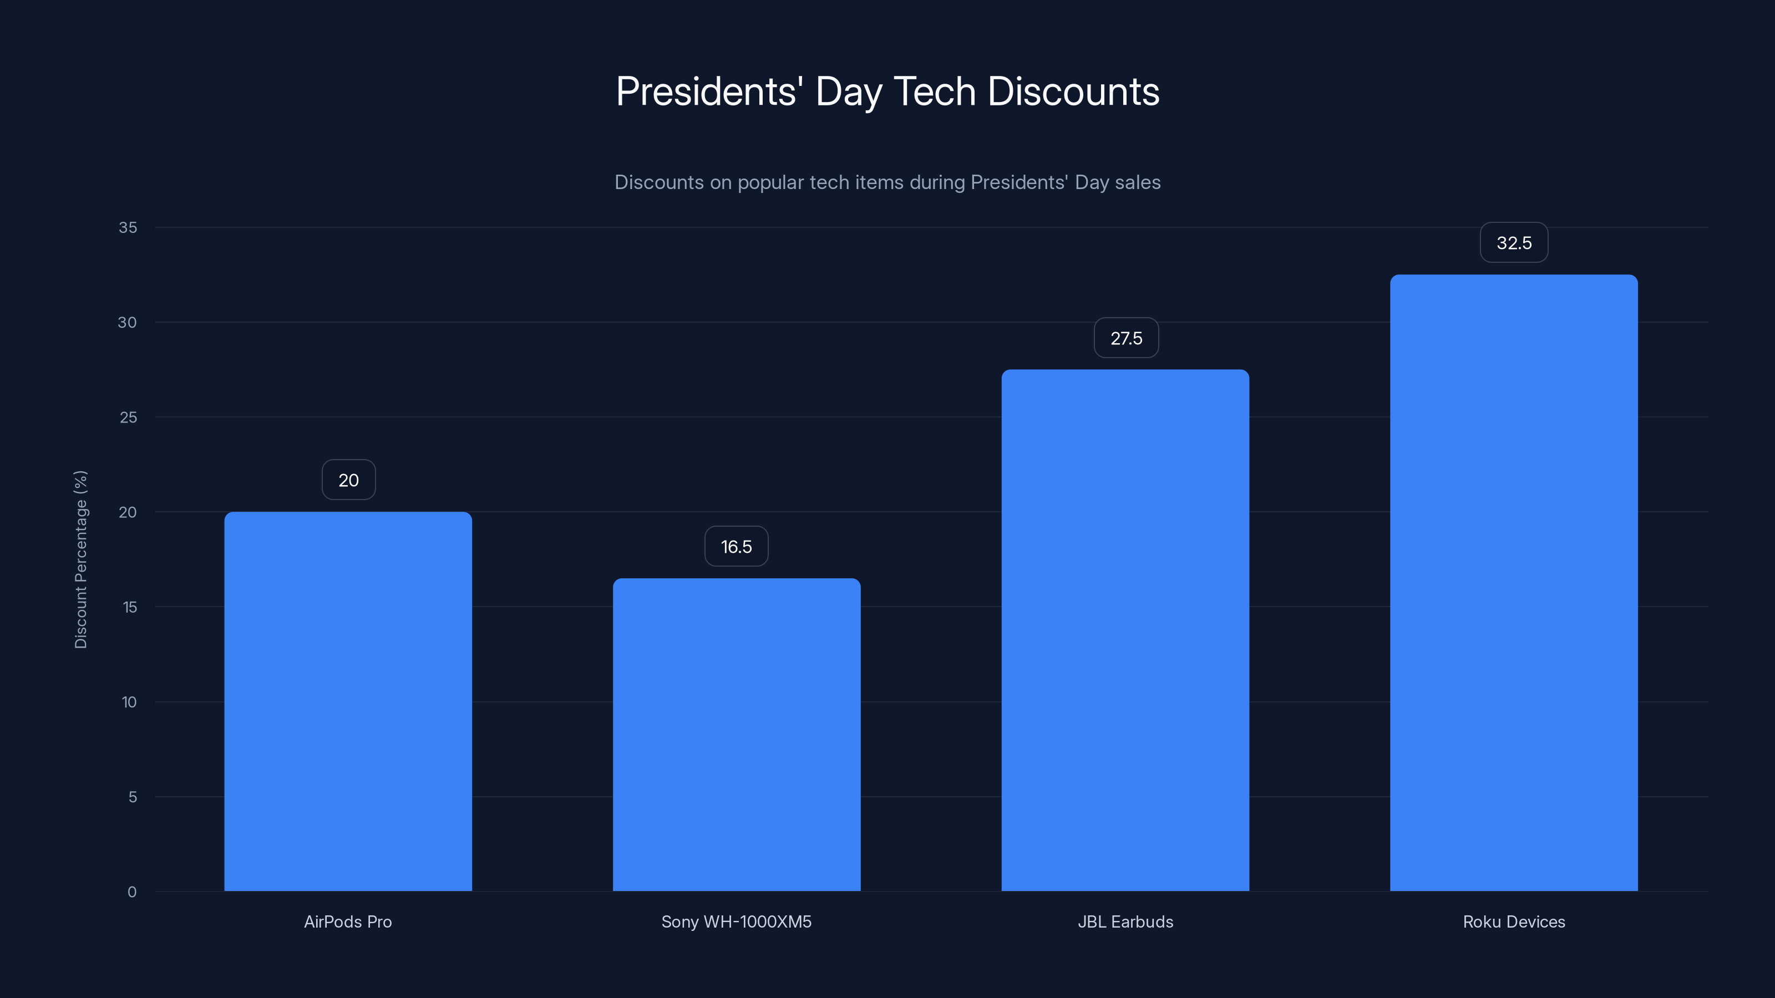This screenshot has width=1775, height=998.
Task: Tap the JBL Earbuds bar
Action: [x=1125, y=630]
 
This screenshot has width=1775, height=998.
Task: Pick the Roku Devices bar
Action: [x=1514, y=583]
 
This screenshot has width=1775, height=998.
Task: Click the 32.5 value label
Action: [x=1514, y=242]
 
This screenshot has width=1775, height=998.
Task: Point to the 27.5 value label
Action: [x=1126, y=338]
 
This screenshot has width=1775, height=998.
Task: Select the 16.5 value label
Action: [x=736, y=547]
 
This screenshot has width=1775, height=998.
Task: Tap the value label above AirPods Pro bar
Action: [x=349, y=480]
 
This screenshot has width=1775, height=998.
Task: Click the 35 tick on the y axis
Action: [x=128, y=227]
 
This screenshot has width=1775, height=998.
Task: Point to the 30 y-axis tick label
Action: [x=128, y=322]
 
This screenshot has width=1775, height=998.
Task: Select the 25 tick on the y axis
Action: [x=128, y=417]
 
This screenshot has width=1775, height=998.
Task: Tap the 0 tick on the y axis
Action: [x=131, y=892]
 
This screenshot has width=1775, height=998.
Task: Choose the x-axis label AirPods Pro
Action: [x=348, y=921]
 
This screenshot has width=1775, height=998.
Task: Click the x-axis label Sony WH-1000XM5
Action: [x=737, y=921]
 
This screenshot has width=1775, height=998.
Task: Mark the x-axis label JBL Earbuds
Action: [x=1125, y=921]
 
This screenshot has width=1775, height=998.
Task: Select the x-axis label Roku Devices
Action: [x=1514, y=921]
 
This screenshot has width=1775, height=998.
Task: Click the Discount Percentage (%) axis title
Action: [x=80, y=559]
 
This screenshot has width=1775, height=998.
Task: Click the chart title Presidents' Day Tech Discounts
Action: [x=887, y=91]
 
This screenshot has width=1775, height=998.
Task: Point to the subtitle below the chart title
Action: [x=887, y=182]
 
